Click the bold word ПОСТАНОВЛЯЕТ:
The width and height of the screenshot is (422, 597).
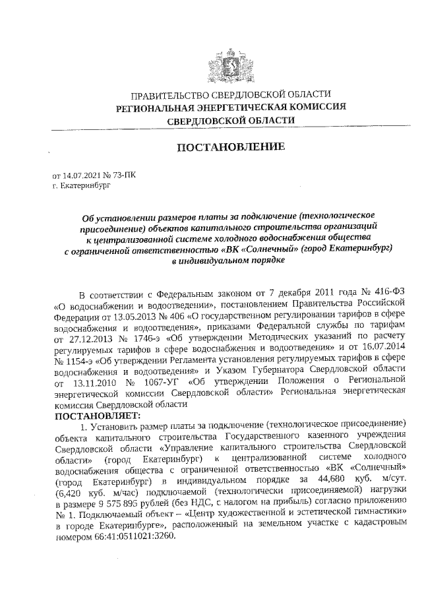click(97, 416)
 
